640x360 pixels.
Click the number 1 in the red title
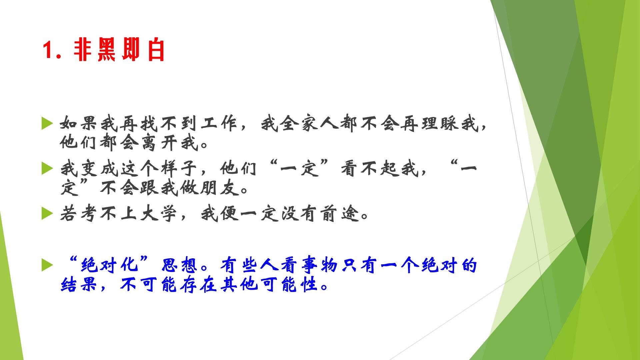click(47, 51)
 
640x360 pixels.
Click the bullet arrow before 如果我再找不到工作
click(47, 124)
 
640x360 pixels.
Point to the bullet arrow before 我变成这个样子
click(47, 168)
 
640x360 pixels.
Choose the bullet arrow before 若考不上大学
click(47, 214)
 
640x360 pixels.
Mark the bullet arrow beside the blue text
click(47, 266)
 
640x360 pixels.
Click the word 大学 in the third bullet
click(159, 214)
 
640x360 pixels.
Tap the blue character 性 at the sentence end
click(309, 284)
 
